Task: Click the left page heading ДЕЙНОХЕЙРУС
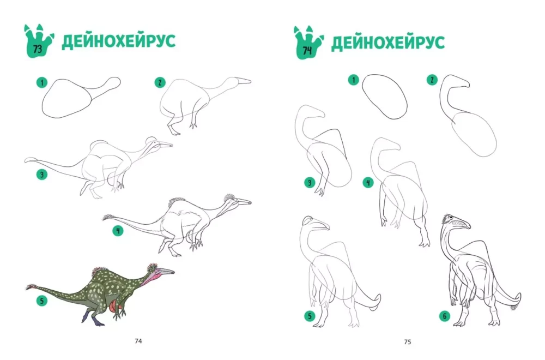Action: click(118, 41)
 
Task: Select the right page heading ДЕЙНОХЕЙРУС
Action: click(388, 43)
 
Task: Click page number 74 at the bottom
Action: click(138, 341)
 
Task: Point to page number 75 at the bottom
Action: click(408, 342)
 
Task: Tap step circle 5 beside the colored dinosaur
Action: click(42, 301)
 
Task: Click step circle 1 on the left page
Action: click(42, 83)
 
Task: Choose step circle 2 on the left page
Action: click(160, 83)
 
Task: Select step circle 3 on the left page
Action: click(42, 174)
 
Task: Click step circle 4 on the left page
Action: click(118, 231)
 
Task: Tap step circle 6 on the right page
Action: click(445, 316)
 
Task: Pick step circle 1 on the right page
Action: click(354, 80)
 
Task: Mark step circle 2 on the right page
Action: click(432, 80)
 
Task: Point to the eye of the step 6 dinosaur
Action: click(451, 218)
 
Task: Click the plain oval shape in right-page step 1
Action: click(384, 97)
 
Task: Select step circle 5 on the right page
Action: click(310, 316)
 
